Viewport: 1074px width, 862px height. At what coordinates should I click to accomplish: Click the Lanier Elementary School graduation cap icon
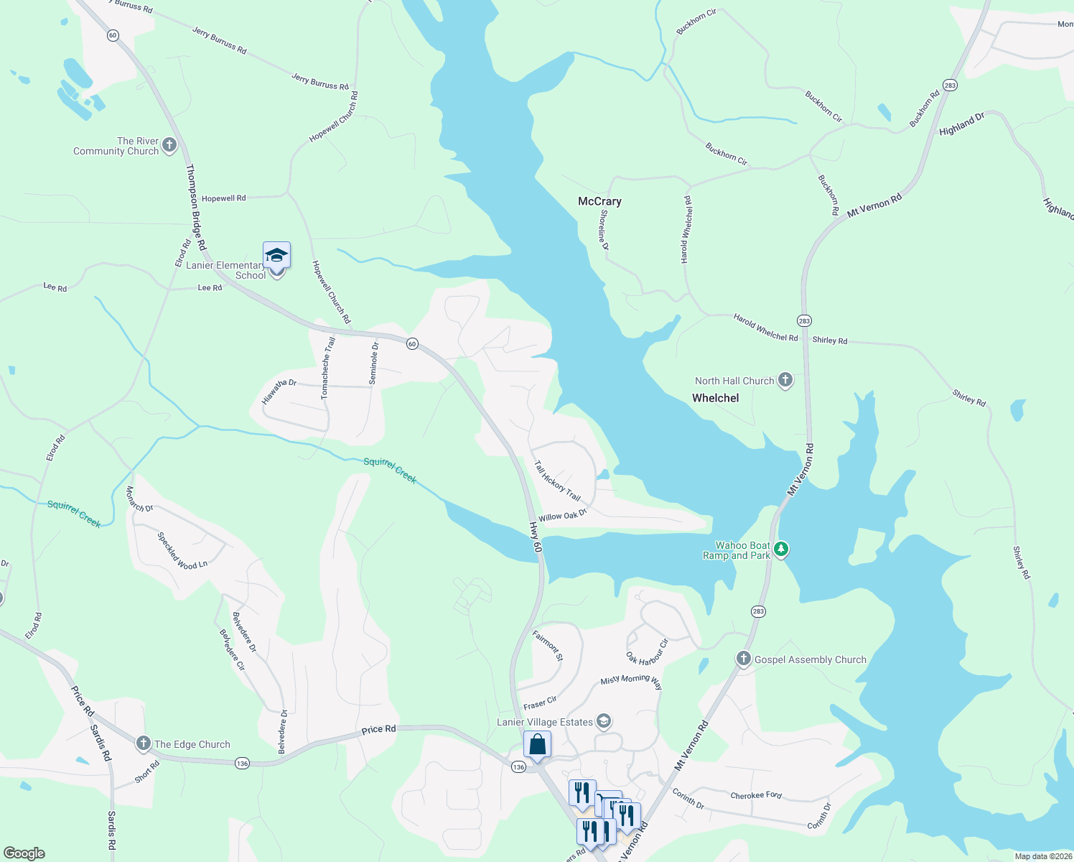coord(276,256)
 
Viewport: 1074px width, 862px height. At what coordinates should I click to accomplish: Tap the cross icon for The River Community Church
coord(169,146)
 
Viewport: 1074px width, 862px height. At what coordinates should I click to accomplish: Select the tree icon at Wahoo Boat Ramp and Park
coord(781,550)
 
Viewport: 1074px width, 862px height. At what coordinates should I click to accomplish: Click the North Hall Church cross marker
coord(785,380)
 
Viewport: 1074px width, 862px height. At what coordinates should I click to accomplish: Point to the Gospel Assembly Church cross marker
coord(744,659)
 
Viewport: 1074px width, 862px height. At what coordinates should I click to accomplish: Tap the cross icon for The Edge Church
coord(144,743)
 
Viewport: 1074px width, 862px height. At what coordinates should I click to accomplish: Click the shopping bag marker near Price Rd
coord(537,746)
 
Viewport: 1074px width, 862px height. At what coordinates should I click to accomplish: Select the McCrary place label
coord(599,201)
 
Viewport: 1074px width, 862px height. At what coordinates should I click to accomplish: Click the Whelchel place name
coord(715,398)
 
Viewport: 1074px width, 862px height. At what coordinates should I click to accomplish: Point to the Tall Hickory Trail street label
coord(557,481)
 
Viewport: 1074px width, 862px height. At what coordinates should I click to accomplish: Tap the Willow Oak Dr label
coord(563,515)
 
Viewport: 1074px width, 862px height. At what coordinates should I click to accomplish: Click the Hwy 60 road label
coord(536,537)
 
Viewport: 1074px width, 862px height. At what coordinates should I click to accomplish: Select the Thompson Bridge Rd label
coord(196,207)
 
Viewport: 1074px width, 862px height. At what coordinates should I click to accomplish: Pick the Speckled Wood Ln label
coord(182,550)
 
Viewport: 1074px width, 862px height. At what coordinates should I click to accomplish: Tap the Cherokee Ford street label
coord(756,795)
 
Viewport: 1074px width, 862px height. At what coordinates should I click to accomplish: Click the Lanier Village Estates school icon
coord(604,721)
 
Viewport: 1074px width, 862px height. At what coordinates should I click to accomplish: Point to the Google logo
coord(24,853)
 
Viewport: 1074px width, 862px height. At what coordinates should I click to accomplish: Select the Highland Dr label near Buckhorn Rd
coord(961,124)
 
